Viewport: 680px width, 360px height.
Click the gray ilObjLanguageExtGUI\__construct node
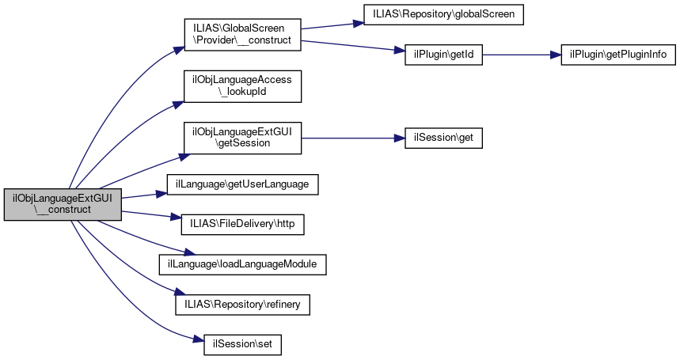(63, 204)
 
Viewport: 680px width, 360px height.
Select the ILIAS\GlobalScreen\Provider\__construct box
(242, 35)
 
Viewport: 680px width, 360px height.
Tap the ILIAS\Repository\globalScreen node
(443, 15)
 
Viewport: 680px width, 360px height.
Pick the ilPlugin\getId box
(443, 55)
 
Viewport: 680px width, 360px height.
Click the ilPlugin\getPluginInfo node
(618, 55)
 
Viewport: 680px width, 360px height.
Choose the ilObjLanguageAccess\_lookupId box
(242, 86)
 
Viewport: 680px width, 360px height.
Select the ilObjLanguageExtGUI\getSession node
(242, 138)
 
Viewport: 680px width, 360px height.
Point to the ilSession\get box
(443, 138)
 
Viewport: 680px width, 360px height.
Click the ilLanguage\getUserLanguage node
(242, 184)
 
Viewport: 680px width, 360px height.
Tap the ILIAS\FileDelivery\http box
(242, 225)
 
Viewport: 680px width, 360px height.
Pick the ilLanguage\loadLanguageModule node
(242, 264)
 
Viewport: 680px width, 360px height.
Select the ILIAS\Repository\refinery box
(242, 304)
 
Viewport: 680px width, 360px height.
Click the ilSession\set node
(242, 344)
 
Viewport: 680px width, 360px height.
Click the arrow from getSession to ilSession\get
(353, 138)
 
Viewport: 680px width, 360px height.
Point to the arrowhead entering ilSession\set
(199, 339)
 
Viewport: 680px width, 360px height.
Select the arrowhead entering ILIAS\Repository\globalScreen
(359, 23)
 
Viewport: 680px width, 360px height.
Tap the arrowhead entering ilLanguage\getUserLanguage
(161, 194)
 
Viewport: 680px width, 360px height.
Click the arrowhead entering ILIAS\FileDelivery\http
(176, 217)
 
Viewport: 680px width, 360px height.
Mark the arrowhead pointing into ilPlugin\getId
(400, 51)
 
